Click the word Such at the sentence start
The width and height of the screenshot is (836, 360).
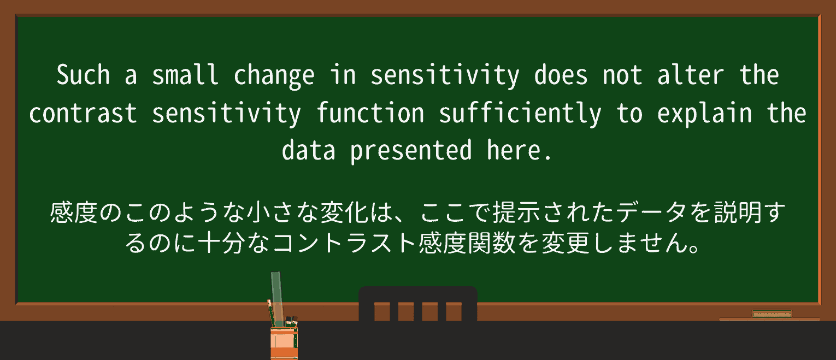click(x=83, y=75)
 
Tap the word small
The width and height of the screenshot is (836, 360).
click(x=185, y=75)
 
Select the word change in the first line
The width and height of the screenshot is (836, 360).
click(x=274, y=75)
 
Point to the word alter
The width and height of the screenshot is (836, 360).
click(x=691, y=75)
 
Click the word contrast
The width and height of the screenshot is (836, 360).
click(x=83, y=113)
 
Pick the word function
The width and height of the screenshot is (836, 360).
click(x=370, y=113)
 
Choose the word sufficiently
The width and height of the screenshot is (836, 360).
click(x=520, y=113)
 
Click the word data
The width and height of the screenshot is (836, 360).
click(x=308, y=150)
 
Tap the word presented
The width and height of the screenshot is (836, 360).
click(x=411, y=150)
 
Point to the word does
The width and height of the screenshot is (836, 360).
click(x=561, y=75)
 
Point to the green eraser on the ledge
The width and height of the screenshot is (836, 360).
click(x=772, y=314)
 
